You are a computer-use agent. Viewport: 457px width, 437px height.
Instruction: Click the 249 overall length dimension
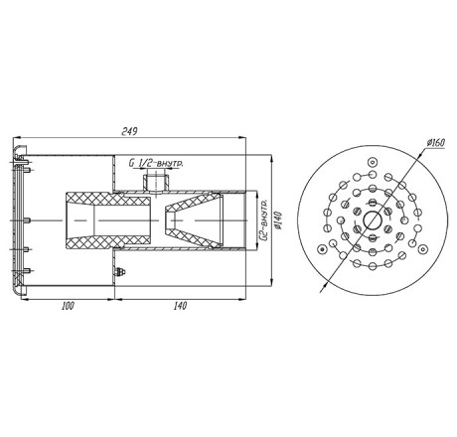[x=129, y=131]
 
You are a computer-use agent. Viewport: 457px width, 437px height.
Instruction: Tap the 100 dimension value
[x=68, y=306]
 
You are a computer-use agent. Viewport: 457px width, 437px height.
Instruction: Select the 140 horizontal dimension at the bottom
[x=180, y=306]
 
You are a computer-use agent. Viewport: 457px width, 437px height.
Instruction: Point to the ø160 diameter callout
[x=436, y=143]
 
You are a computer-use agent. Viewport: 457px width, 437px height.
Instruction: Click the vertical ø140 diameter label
[x=278, y=220]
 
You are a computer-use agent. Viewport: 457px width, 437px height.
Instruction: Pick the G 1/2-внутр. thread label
[x=156, y=163]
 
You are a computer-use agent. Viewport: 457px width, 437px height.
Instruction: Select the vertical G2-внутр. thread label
[x=264, y=219]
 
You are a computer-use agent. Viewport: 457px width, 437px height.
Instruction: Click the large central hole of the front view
[x=373, y=220]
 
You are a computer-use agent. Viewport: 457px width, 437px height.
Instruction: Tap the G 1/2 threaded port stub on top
[x=156, y=183]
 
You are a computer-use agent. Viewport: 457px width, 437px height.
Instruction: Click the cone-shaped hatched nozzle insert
[x=194, y=220]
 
